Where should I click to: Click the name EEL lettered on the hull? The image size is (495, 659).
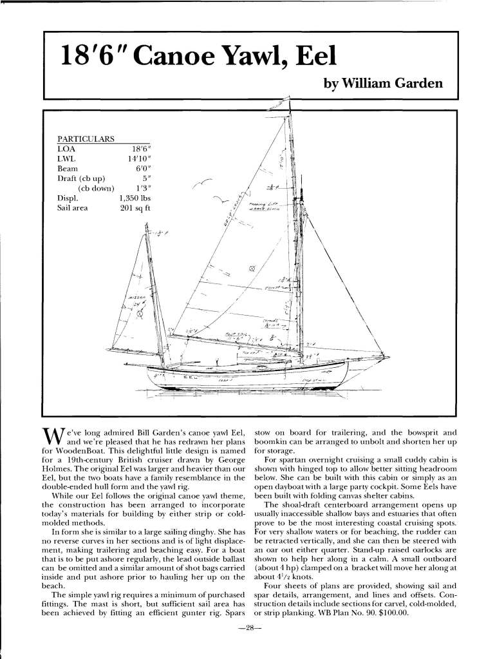(193, 377)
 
